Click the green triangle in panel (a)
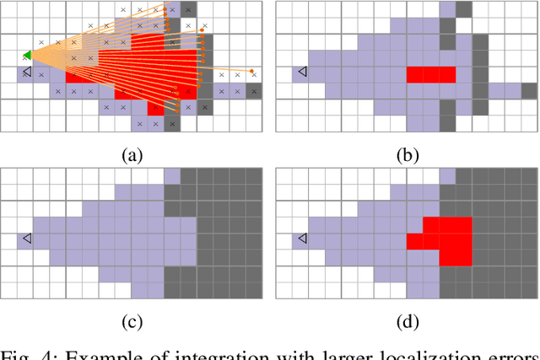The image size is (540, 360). pyautogui.click(x=28, y=56)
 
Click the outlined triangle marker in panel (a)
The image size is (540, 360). pyautogui.click(x=27, y=73)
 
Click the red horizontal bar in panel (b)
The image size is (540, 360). pyautogui.click(x=431, y=74)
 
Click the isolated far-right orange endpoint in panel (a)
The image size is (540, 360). pyautogui.click(x=251, y=71)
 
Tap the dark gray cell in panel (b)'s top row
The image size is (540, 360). pyautogui.click(x=463, y=9)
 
